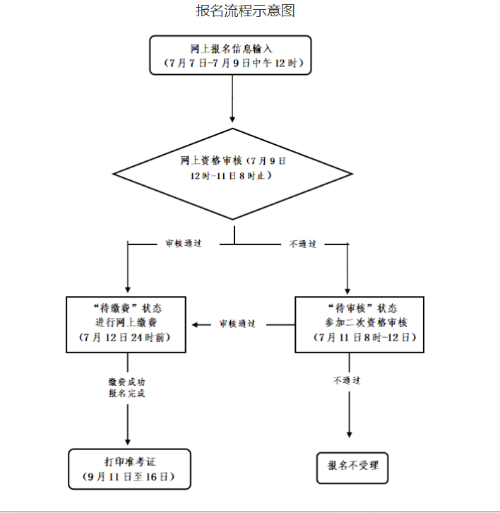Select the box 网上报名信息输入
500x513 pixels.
[x=231, y=55]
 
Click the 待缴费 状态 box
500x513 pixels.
[x=127, y=324]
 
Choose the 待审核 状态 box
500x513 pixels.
[x=359, y=324]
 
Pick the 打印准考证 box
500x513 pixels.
[x=129, y=468]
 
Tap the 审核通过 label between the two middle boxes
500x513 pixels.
[x=237, y=324]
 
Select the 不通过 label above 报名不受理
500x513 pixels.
[x=347, y=380]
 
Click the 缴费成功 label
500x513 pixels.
[x=127, y=382]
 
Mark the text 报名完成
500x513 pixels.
[x=127, y=394]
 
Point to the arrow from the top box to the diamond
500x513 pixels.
[x=232, y=99]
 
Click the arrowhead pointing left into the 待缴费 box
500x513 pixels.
[x=198, y=324]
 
